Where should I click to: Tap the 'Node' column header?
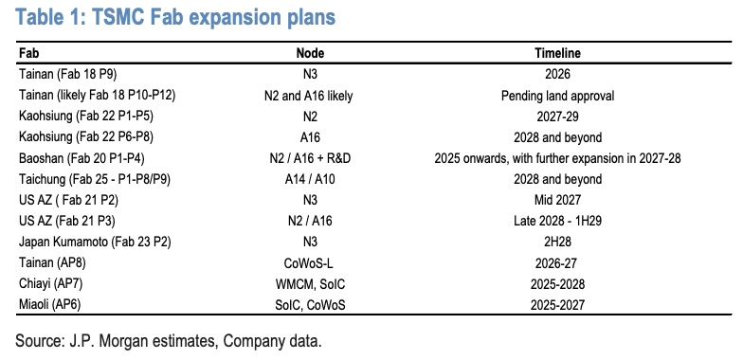tap(311, 54)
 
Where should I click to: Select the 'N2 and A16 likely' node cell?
tap(311, 96)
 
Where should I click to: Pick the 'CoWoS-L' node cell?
tap(311, 261)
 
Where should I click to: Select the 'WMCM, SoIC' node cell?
tap(311, 281)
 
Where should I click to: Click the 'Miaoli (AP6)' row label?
tap(51, 302)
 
